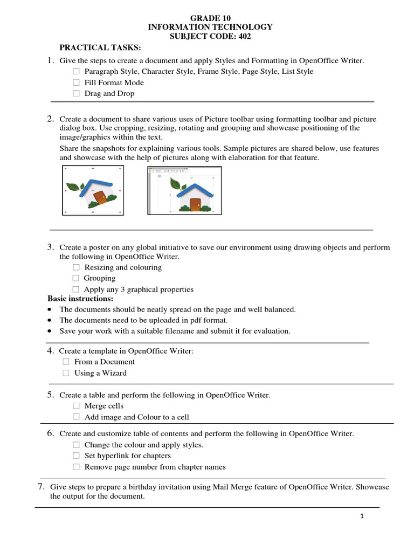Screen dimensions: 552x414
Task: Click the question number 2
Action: coord(50,119)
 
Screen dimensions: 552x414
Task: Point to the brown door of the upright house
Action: coord(195,204)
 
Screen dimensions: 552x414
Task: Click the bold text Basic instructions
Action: coord(80,299)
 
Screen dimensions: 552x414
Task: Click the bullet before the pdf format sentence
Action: coord(50,321)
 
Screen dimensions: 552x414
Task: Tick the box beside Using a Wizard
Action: coord(66,373)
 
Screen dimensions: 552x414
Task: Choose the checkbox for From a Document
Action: coord(66,362)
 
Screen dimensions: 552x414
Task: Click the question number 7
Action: coord(40,487)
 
